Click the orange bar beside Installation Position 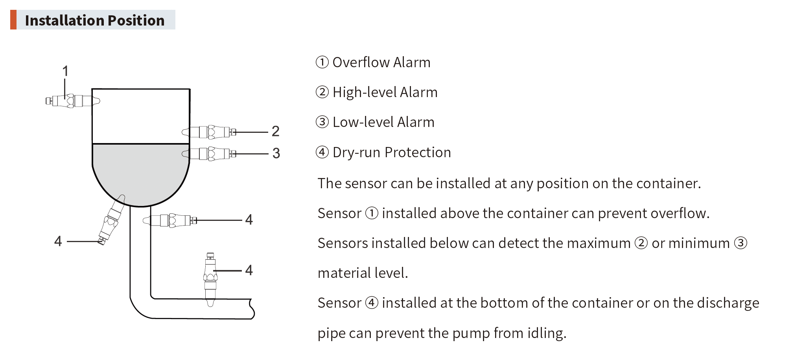[13, 20]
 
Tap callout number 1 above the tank [65, 71]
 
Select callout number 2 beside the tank [275, 131]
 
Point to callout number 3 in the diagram [276, 153]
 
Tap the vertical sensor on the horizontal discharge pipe [210, 279]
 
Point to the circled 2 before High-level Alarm [322, 92]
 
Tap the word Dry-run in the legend [355, 152]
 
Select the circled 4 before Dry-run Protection [322, 152]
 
